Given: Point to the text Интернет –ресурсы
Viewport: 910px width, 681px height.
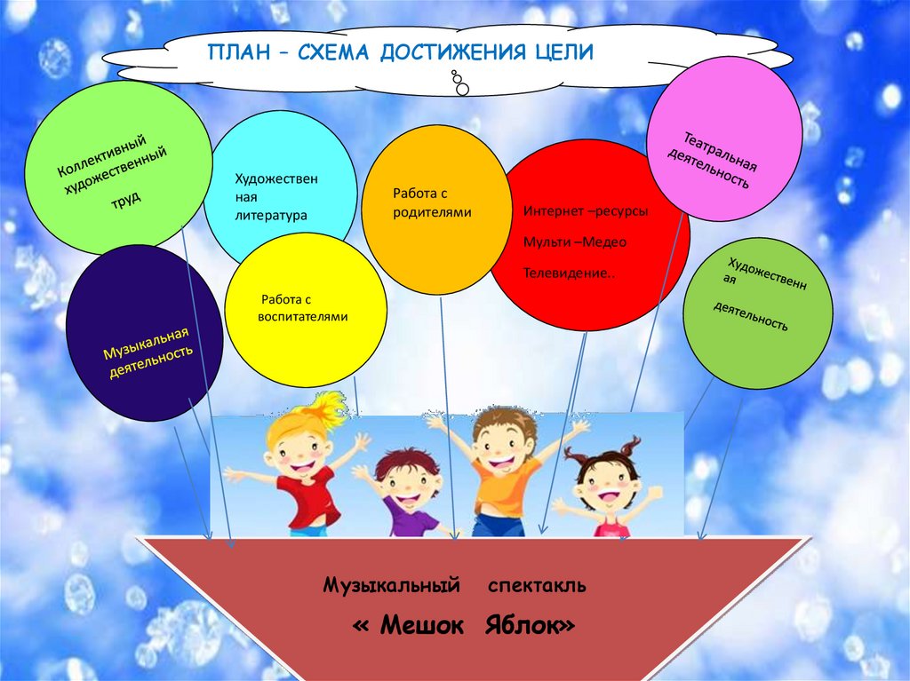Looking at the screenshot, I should click(586, 212).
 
